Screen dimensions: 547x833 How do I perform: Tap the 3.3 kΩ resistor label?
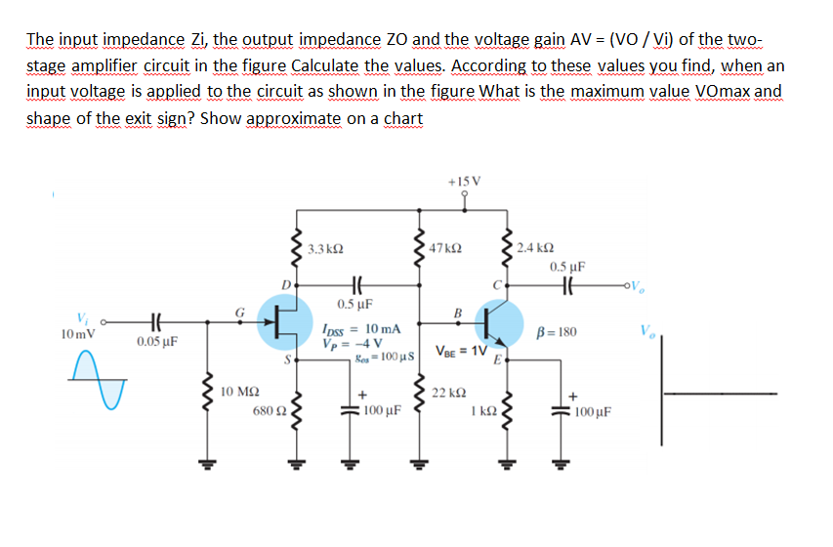point(324,250)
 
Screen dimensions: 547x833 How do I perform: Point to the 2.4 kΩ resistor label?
point(537,248)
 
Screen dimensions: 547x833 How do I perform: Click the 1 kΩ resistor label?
point(484,411)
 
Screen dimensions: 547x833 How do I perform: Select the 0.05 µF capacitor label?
point(156,342)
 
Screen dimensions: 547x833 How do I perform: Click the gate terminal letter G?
point(237,311)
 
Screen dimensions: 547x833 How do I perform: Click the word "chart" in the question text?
point(402,119)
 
